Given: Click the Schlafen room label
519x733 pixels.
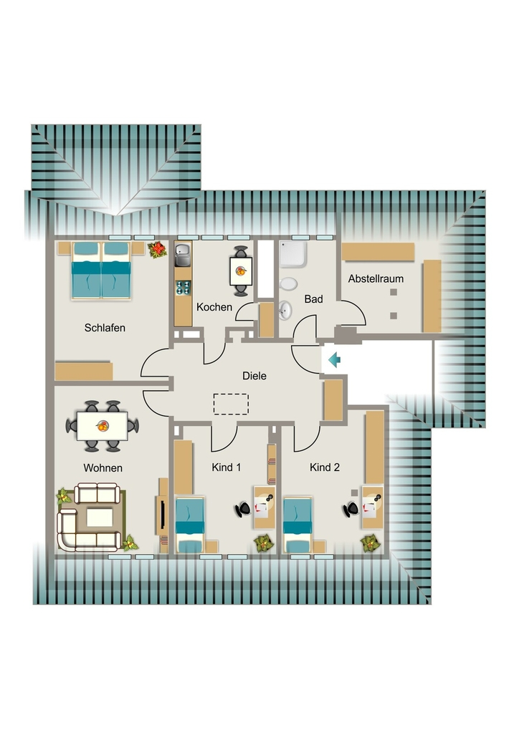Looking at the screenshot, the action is [x=105, y=328].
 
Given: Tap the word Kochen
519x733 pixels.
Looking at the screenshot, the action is [x=214, y=307].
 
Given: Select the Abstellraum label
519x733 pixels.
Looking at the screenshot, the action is [x=376, y=278].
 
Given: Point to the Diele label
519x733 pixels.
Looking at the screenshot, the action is [x=254, y=375].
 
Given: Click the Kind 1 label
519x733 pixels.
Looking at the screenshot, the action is [x=227, y=467].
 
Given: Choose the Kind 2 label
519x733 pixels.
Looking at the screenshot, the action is [x=325, y=467].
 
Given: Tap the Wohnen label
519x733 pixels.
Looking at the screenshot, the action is [x=103, y=468].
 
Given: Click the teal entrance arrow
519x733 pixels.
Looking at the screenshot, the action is [x=334, y=360].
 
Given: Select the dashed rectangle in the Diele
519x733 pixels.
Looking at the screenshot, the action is [x=232, y=404].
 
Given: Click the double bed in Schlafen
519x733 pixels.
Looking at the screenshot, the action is [x=101, y=270].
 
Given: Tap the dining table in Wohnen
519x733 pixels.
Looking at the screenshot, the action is [x=103, y=426].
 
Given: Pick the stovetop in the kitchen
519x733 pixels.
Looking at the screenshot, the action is [x=184, y=288].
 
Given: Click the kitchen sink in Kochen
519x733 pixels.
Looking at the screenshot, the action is [x=183, y=254].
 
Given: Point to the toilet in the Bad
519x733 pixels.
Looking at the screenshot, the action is [x=289, y=283].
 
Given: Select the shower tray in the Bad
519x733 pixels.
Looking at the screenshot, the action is [x=293, y=254].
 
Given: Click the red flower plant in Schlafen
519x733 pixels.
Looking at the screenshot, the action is [x=158, y=249].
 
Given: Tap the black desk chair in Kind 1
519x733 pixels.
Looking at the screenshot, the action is [x=243, y=509].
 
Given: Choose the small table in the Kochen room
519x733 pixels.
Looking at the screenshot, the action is [x=241, y=271].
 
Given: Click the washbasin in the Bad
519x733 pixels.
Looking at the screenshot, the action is [x=285, y=310].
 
